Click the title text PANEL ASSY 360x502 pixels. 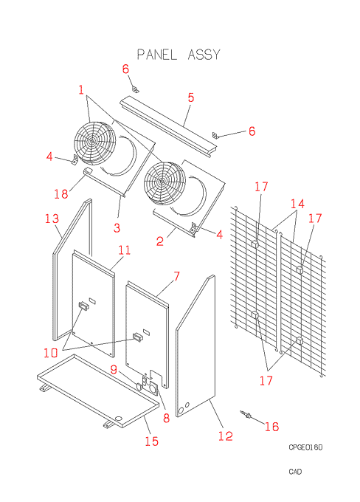(179, 55)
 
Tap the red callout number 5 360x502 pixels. (191, 97)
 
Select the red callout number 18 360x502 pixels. (61, 193)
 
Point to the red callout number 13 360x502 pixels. (52, 219)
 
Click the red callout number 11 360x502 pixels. (125, 250)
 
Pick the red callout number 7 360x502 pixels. (176, 276)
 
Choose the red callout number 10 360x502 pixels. (51, 353)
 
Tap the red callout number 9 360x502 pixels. (114, 369)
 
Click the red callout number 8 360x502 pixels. (166, 418)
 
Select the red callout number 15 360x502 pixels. (151, 441)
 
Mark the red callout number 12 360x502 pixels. (225, 436)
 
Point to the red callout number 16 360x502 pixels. (271, 427)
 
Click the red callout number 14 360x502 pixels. (297, 204)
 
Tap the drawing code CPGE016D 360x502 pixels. (305, 447)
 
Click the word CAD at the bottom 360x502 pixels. (295, 472)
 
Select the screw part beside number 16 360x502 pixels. (246, 414)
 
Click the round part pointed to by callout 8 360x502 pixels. (153, 388)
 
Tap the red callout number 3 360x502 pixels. (117, 228)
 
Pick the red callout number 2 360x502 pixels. (160, 241)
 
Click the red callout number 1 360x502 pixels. (81, 90)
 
